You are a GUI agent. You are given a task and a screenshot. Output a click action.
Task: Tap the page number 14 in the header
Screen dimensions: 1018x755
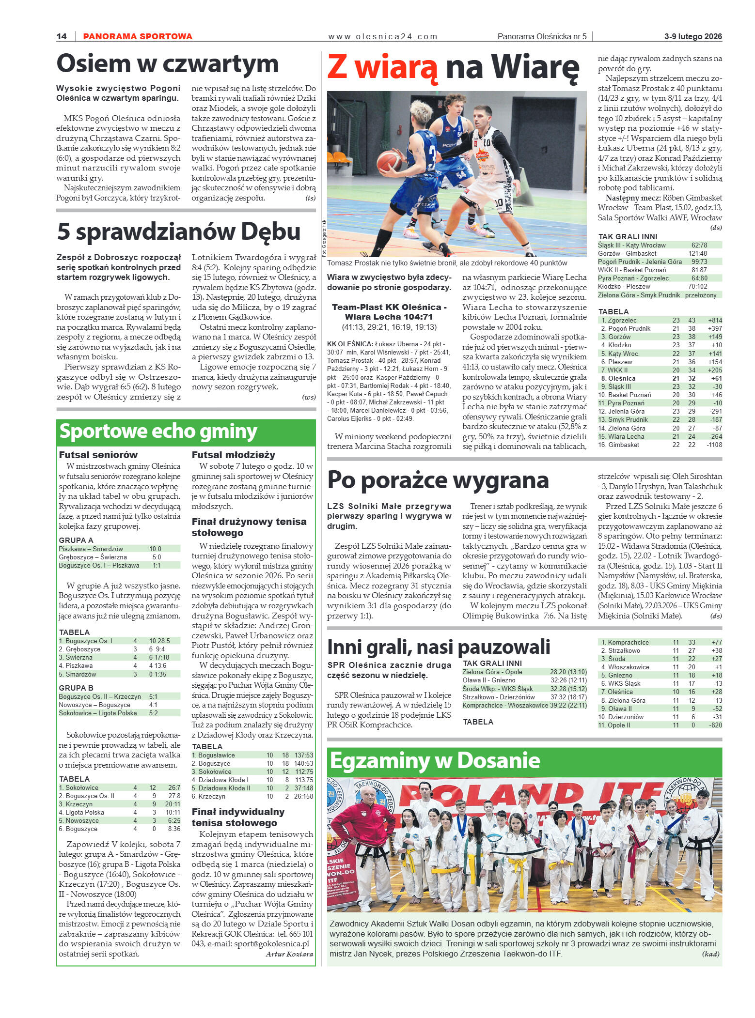[62, 36]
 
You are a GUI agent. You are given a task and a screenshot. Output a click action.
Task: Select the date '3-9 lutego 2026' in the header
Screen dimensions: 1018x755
[692, 36]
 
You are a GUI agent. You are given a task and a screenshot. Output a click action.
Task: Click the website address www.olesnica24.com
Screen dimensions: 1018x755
[382, 36]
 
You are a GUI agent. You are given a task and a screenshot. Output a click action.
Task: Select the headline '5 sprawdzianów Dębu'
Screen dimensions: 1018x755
[179, 231]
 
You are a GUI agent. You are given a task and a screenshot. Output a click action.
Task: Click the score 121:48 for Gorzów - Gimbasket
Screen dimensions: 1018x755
[697, 253]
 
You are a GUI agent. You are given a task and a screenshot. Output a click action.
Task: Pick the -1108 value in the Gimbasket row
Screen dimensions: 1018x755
[714, 445]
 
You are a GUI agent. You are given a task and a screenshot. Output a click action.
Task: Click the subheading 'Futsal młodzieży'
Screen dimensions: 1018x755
[233, 455]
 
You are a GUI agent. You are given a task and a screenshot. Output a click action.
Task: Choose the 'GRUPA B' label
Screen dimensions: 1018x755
[76, 688]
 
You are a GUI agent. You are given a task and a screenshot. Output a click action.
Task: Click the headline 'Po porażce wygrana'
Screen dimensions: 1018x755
[438, 480]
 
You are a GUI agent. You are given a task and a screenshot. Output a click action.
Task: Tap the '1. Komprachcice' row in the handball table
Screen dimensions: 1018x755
[625, 642]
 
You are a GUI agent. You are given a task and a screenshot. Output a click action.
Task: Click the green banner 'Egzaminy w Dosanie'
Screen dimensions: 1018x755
[435, 761]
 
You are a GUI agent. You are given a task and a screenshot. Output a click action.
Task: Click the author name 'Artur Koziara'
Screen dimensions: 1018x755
[289, 954]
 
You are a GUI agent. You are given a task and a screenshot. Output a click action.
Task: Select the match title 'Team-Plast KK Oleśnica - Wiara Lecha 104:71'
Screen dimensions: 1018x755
[389, 312]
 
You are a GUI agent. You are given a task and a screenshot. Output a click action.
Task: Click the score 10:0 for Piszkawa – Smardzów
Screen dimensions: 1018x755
[155, 549]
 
